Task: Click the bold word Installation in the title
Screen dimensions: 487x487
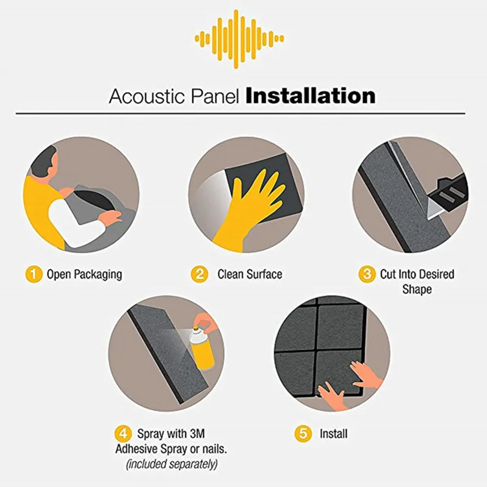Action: pyautogui.click(x=310, y=96)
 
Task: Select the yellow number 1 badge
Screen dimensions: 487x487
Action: pyautogui.click(x=34, y=274)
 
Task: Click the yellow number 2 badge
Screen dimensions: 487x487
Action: pyautogui.click(x=200, y=274)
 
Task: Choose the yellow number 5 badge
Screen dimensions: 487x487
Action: pyautogui.click(x=303, y=433)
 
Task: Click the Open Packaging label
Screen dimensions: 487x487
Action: pyautogui.click(x=84, y=274)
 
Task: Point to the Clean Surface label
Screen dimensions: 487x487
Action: pyautogui.click(x=249, y=274)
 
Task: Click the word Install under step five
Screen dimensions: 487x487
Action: pyautogui.click(x=334, y=433)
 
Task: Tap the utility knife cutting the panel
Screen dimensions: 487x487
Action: pyautogui.click(x=446, y=192)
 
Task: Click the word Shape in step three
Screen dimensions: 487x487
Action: pyautogui.click(x=417, y=290)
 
